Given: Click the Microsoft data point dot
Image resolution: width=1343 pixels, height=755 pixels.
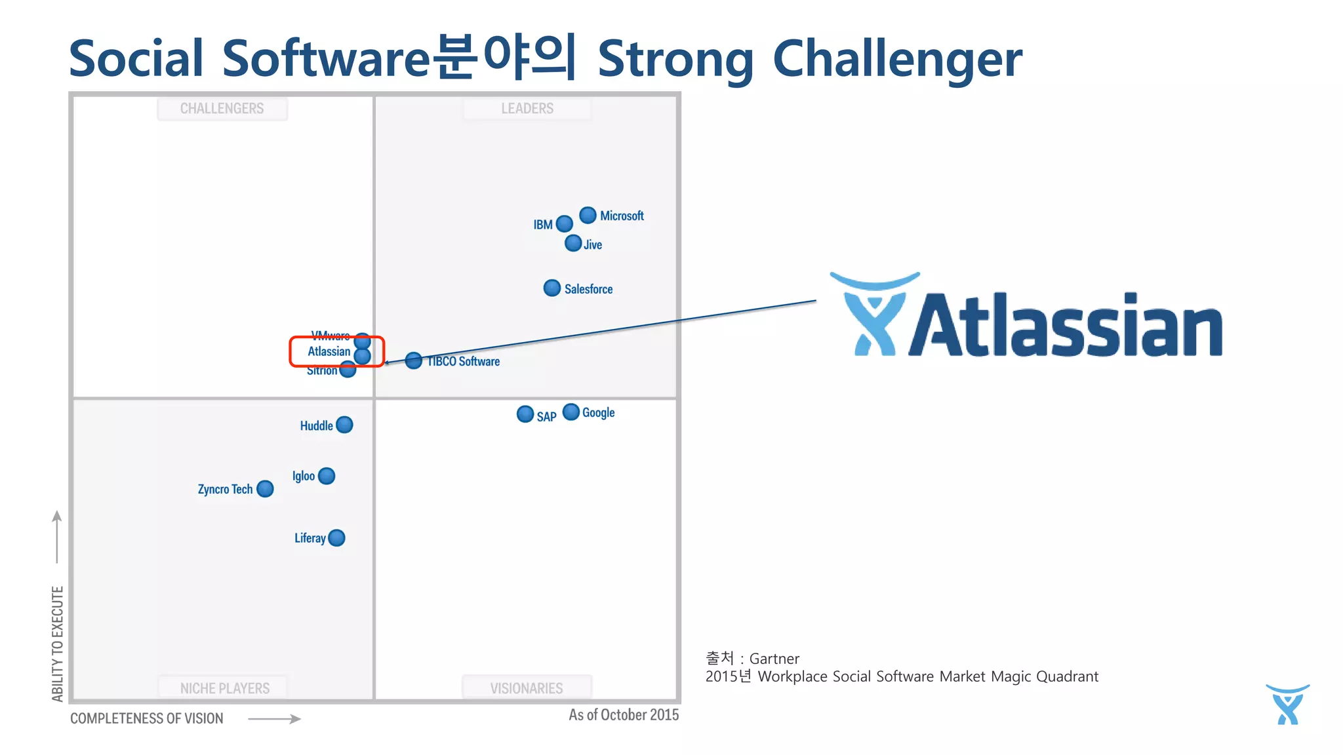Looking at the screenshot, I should [588, 215].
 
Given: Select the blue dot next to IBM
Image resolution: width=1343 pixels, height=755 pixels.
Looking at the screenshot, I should [564, 224].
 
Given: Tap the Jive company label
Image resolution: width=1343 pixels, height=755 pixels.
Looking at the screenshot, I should [593, 245].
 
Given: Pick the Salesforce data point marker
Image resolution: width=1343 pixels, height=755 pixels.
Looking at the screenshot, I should [552, 288].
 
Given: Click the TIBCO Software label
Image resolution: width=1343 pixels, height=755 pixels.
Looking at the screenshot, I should [464, 362].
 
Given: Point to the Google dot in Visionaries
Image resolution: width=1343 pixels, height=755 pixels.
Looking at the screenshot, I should [571, 412].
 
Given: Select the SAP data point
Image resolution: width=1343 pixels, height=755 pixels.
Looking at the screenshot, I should [525, 414].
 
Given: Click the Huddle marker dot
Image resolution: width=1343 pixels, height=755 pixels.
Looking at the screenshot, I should [344, 425].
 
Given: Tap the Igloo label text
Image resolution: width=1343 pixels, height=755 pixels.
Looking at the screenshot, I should [303, 476].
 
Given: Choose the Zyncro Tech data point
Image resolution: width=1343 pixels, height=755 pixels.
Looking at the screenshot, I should [265, 489].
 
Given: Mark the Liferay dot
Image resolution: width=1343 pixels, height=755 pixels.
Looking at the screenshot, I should [336, 538].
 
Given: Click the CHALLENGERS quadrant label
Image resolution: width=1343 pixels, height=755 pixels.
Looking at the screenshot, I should [222, 109].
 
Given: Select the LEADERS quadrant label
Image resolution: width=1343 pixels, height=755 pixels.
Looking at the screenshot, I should [527, 109].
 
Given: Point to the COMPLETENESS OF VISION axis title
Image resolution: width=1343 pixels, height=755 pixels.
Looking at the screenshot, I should [147, 719].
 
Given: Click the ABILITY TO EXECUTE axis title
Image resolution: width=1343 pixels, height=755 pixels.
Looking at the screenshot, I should [58, 644].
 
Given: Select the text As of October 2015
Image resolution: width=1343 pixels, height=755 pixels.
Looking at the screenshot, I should [624, 715].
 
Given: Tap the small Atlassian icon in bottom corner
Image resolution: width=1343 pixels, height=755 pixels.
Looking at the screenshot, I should [1287, 705].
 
